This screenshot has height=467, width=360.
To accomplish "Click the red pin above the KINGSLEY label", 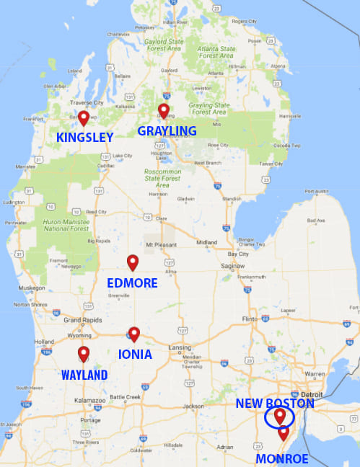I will pos(84,117).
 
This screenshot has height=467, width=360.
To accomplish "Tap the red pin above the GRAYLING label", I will pos(164,110).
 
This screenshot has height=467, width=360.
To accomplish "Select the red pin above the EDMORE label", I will pos(133,262).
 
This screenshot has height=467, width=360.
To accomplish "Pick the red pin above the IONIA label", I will pos(133,334).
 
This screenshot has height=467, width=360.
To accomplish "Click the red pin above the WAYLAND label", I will pos(84,354).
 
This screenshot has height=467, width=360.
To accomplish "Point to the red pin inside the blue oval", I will pos(279,417).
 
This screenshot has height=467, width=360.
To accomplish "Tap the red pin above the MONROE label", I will pos(284,432).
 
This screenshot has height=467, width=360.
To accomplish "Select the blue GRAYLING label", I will pos(167,130).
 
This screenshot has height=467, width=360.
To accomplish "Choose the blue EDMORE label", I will pos(132,283).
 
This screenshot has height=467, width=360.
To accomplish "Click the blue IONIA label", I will pos(135,355).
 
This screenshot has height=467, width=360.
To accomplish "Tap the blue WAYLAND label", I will pos(84,375).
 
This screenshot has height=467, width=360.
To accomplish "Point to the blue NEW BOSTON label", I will pos(275,404).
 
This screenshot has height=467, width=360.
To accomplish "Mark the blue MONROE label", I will pos(282,458).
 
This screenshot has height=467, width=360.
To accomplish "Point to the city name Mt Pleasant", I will pos(160,245).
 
